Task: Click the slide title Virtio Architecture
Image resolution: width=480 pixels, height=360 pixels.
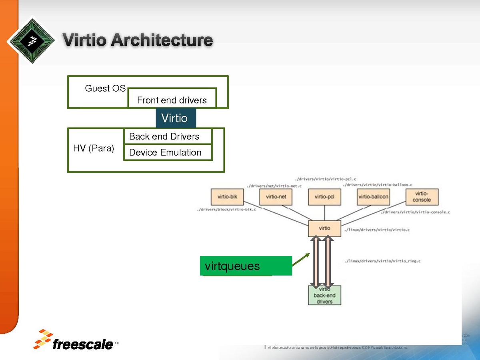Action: (138, 40)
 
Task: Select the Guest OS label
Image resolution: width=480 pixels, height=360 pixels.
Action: (105, 88)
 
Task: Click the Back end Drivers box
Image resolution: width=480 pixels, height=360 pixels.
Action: (168, 136)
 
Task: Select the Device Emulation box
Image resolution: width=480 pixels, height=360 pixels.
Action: (168, 152)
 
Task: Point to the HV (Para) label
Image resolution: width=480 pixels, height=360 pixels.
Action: (94, 148)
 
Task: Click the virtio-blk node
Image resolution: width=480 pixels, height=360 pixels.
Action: (227, 196)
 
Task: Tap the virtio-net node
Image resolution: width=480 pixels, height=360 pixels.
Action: (276, 196)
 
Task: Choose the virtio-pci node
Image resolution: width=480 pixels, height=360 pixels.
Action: (324, 196)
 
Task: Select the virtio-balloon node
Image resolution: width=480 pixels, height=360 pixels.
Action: (373, 196)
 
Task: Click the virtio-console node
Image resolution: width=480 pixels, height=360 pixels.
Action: (422, 196)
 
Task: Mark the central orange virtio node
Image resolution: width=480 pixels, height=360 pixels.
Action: (324, 228)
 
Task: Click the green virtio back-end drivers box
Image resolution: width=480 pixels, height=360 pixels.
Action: (324, 295)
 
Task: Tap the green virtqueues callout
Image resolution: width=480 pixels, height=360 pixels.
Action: (246, 266)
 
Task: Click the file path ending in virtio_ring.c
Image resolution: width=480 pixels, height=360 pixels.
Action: (382, 261)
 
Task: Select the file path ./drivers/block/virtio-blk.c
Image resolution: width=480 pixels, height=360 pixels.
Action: (226, 210)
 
